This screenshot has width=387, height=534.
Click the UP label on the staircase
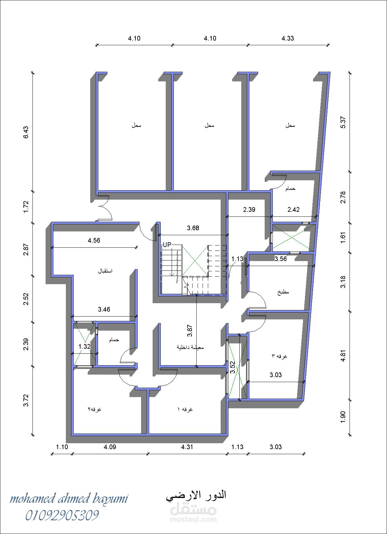pyautogui.click(x=167, y=245)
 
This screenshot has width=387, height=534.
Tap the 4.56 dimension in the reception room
pyautogui.click(x=94, y=240)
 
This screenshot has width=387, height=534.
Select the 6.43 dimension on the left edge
pyautogui.click(x=26, y=132)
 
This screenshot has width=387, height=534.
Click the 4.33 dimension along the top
pyautogui.click(x=287, y=38)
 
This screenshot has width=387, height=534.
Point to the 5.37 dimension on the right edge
pyautogui.click(x=343, y=123)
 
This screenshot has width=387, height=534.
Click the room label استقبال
pyautogui.click(x=105, y=271)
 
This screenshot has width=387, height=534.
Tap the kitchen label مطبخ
pyautogui.click(x=283, y=292)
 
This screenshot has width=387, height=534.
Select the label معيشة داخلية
pyautogui.click(x=190, y=347)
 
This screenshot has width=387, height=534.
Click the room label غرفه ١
pyautogui.click(x=185, y=409)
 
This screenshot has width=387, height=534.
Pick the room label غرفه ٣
pyautogui.click(x=279, y=356)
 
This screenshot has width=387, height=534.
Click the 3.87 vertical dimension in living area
pyautogui.click(x=190, y=331)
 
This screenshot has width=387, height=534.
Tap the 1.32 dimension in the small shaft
pyautogui.click(x=85, y=347)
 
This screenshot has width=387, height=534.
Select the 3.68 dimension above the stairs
pyautogui.click(x=193, y=228)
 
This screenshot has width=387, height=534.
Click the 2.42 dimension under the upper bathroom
pyautogui.click(x=293, y=210)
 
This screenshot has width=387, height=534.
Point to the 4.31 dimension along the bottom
pyautogui.click(x=187, y=447)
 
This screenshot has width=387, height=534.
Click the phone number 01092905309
pyautogui.click(x=62, y=515)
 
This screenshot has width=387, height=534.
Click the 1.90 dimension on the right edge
pyautogui.click(x=343, y=417)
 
